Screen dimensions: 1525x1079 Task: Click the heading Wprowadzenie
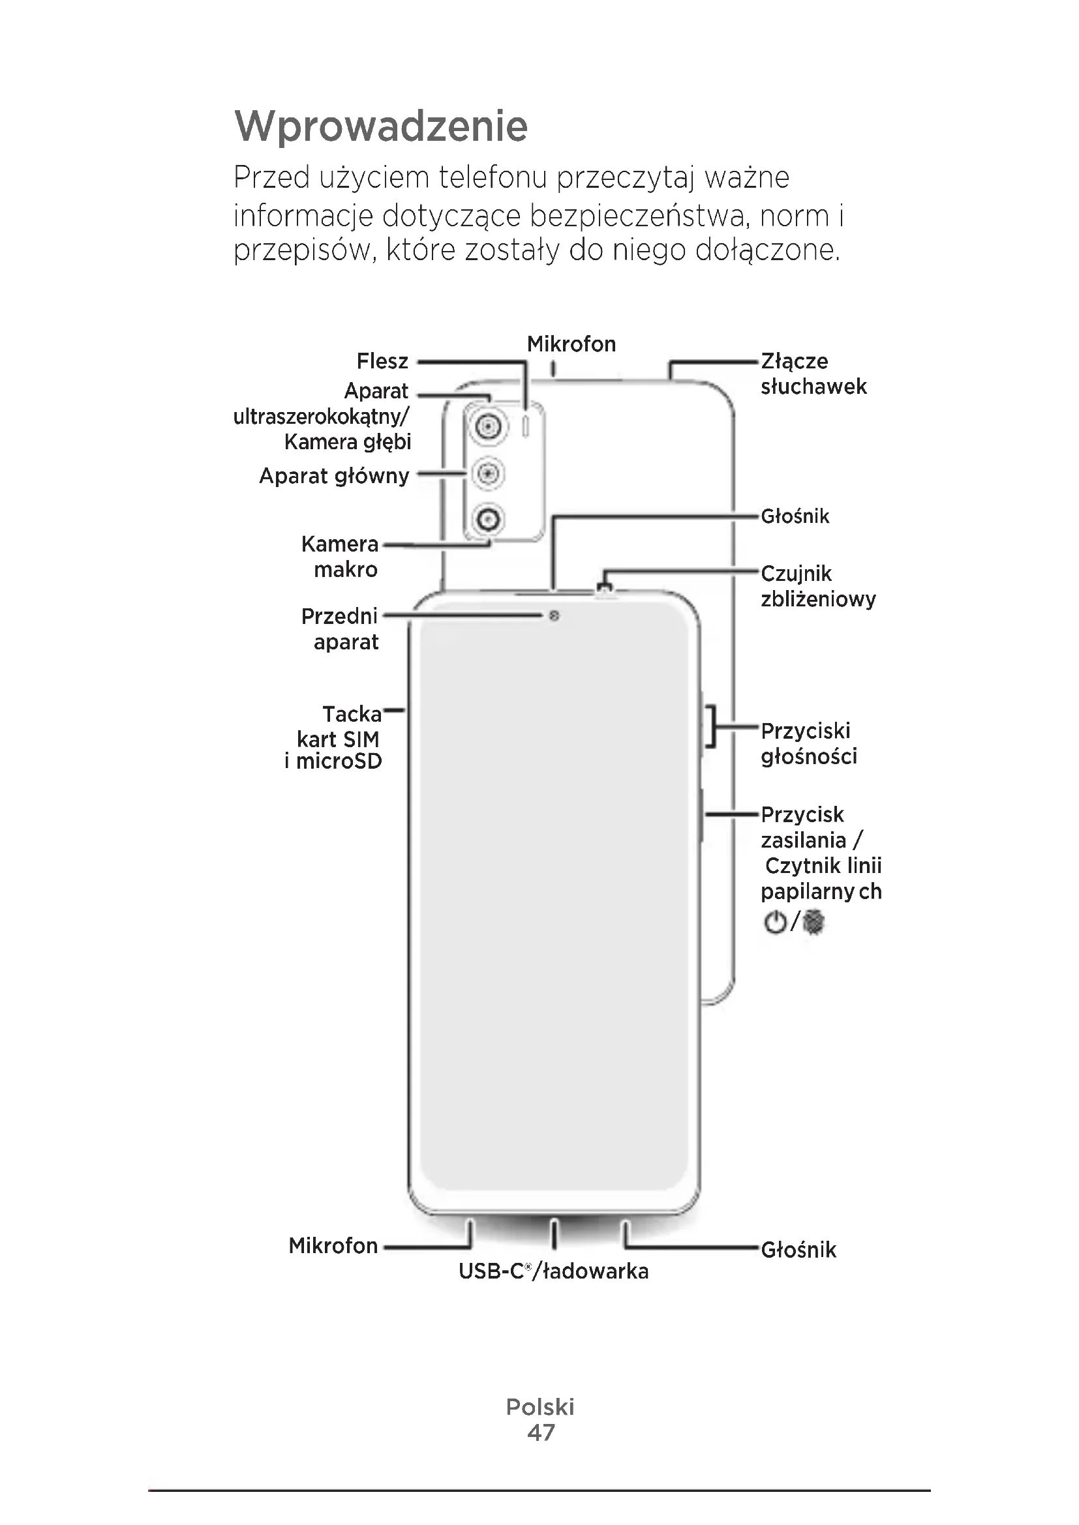381,126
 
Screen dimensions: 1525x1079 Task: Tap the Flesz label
382,361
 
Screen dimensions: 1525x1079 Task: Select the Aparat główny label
333,475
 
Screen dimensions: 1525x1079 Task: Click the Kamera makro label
339,557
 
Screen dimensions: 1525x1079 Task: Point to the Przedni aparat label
340,629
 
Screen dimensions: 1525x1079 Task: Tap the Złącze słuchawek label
813,374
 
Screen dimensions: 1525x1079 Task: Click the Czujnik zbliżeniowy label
818,586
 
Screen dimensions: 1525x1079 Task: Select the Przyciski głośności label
808,743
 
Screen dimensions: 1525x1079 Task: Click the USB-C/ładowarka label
553,1271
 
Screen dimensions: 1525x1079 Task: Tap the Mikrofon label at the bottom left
333,1245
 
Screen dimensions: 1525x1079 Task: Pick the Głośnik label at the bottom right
798,1250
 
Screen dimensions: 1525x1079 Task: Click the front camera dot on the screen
554,616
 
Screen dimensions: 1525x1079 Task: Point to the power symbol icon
775,923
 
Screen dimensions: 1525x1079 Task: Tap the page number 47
540,1432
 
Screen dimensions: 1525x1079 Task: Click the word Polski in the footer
540,1407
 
